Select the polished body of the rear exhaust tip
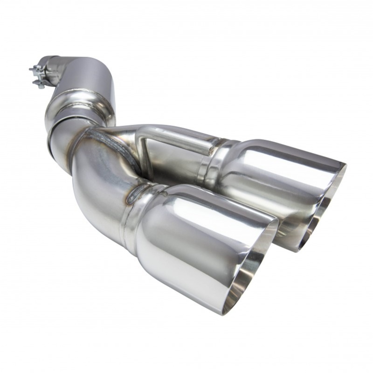pos(270,177)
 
